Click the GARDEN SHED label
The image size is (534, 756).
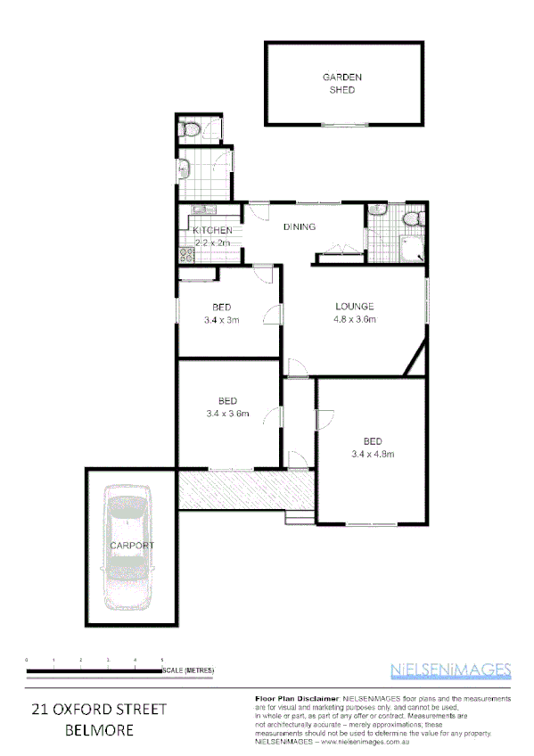(x=341, y=84)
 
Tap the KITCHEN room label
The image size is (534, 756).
(x=212, y=231)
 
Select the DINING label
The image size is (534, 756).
(x=300, y=226)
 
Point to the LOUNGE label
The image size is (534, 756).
(x=354, y=306)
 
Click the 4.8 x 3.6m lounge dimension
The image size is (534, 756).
(x=355, y=319)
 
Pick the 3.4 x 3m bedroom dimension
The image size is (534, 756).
(x=222, y=320)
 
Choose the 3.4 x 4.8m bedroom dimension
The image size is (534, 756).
(x=374, y=454)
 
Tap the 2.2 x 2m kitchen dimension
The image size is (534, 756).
(x=212, y=242)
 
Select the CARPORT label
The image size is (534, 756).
(x=132, y=545)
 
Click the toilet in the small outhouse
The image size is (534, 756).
(x=188, y=129)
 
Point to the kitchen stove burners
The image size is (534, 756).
(x=187, y=253)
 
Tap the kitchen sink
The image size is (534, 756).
(x=200, y=210)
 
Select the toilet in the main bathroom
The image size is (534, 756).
(x=413, y=219)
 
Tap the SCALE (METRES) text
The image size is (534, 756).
(x=188, y=670)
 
